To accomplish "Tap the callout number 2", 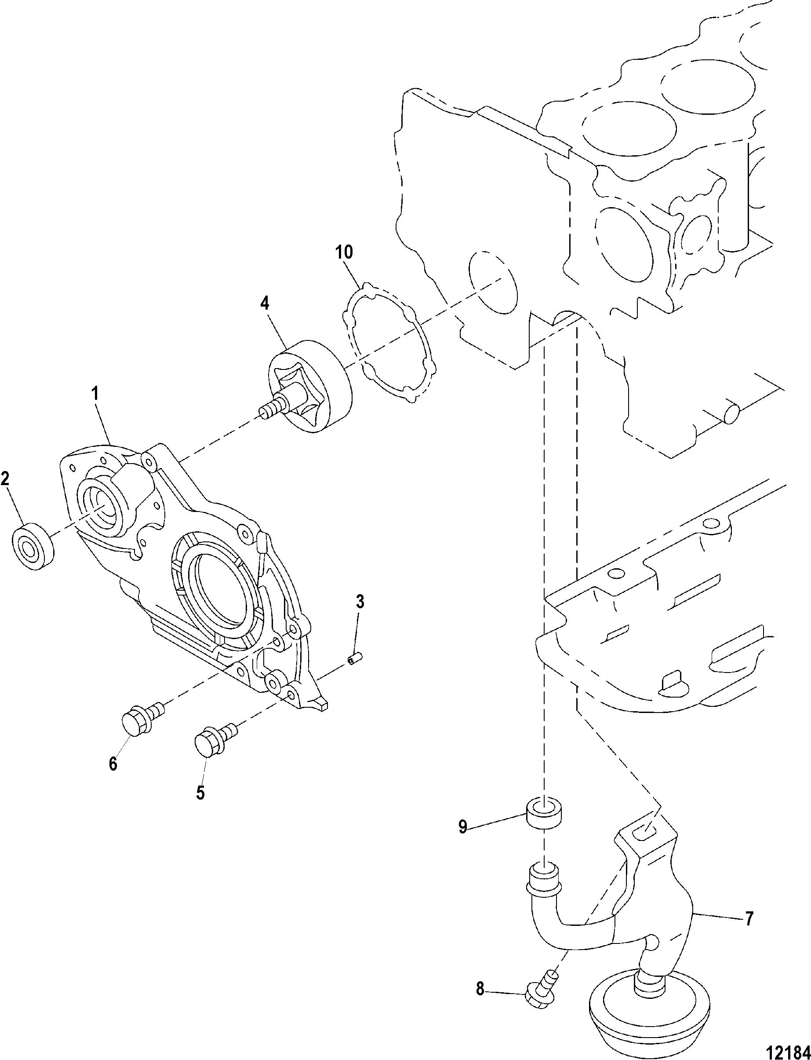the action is (5, 479).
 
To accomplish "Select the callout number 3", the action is (360, 602).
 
